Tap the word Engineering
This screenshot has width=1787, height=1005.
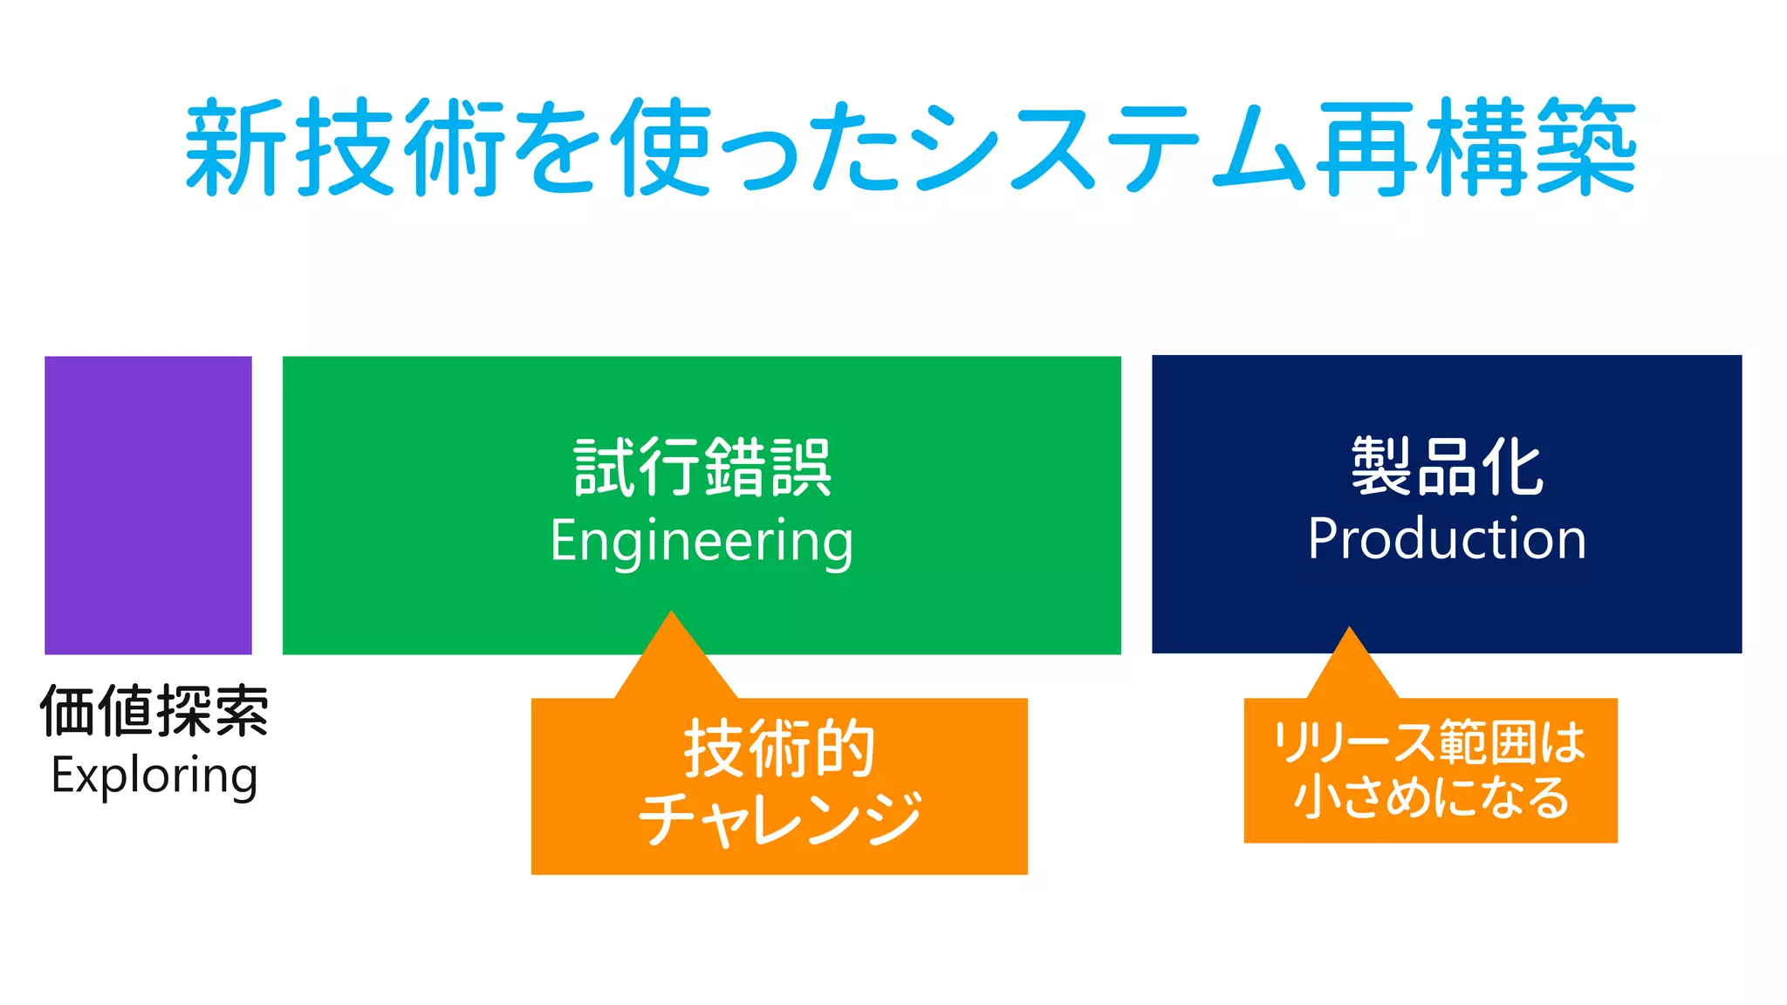(x=702, y=541)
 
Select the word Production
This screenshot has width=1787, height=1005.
(x=1447, y=538)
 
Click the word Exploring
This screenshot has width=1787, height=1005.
(x=154, y=776)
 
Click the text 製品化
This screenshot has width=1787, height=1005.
(x=1447, y=467)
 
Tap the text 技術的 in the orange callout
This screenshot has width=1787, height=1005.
(x=779, y=749)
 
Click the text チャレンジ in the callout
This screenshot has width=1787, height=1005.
(x=779, y=818)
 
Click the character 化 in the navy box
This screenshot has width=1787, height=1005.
(x=1511, y=467)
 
